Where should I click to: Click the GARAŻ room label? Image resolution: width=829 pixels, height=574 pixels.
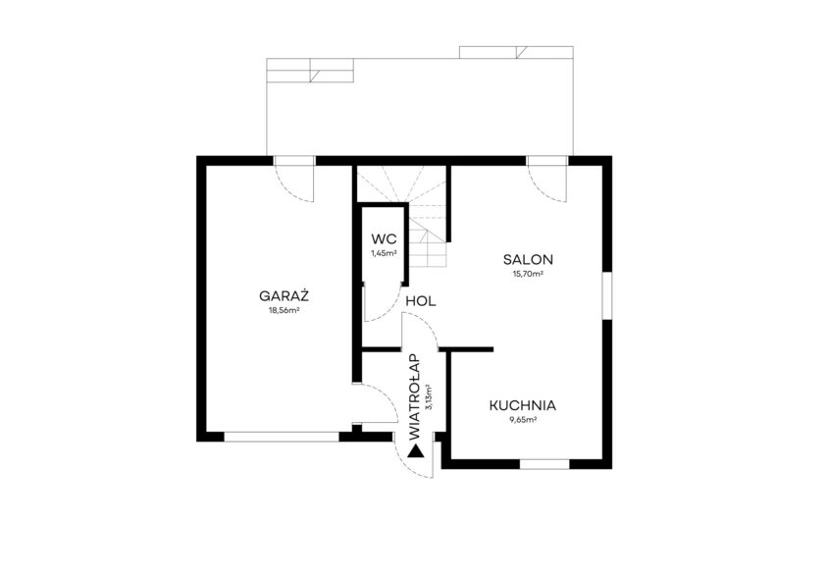284,296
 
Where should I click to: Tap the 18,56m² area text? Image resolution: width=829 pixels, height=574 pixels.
285,311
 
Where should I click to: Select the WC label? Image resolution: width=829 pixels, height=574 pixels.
384,238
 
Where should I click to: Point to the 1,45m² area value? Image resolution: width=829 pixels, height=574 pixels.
384,253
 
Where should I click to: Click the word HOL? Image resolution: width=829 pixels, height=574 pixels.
421,302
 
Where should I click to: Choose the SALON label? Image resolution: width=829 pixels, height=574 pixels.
528,259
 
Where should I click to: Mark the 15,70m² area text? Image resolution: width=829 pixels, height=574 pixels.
528,275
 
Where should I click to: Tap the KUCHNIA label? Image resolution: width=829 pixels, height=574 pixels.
522,406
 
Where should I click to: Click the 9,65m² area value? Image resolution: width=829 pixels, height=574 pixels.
523,420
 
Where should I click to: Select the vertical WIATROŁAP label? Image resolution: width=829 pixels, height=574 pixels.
415,397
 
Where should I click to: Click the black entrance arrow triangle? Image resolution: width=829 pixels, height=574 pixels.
416,451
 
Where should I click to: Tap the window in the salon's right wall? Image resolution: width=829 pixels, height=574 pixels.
607,296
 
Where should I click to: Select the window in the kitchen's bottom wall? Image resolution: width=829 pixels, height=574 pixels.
544,464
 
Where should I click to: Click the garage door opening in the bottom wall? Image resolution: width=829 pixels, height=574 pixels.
282,437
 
